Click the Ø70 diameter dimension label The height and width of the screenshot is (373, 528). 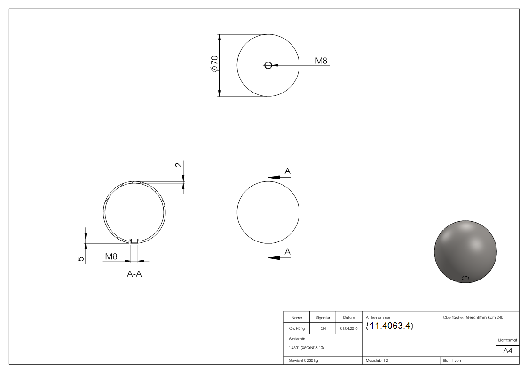click(214, 64)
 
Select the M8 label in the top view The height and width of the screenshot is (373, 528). click(321, 61)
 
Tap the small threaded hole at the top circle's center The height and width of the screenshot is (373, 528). click(268, 65)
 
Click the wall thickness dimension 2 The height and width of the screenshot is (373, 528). click(178, 165)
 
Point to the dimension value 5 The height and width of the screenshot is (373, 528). click(81, 258)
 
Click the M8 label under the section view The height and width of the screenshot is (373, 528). click(111, 256)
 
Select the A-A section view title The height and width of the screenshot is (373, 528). click(134, 274)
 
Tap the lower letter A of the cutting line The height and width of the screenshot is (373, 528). click(288, 252)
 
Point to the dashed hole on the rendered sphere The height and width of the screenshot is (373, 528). click(465, 278)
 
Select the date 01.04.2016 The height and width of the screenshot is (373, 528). click(348, 329)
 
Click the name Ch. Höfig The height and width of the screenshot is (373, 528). click(297, 329)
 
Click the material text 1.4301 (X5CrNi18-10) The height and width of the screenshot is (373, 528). click(307, 348)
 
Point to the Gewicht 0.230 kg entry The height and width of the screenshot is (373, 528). click(303, 360)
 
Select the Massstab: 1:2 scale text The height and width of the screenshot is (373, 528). click(377, 360)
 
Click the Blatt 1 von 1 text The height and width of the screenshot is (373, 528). click(453, 360)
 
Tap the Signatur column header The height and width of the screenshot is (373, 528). click(323, 318)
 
